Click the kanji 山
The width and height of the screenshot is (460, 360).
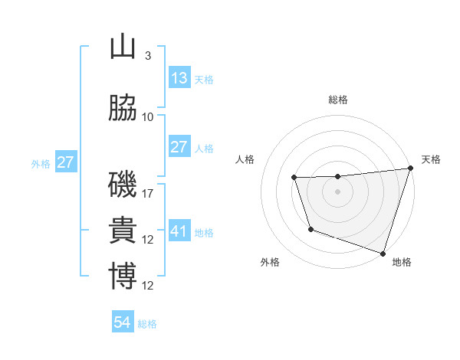pyautogui.click(x=123, y=47)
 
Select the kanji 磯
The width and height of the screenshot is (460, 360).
pyautogui.click(x=123, y=185)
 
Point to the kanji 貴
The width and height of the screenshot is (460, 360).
pyautogui.click(x=123, y=231)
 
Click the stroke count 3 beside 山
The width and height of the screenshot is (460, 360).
pyautogui.click(x=147, y=56)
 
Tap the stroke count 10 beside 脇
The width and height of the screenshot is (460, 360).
pyautogui.click(x=148, y=116)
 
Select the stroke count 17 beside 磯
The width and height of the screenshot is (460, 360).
pyautogui.click(x=148, y=194)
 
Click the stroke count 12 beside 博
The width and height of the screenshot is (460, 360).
pyautogui.click(x=148, y=286)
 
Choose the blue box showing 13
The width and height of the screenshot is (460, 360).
pyautogui.click(x=179, y=77)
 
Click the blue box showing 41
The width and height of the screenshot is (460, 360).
pyautogui.click(x=179, y=231)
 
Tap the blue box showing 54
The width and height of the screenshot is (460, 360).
pyautogui.click(x=122, y=322)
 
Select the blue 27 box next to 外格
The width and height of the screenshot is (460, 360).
pyautogui.click(x=65, y=162)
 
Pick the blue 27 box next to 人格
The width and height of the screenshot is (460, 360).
pyautogui.click(x=179, y=146)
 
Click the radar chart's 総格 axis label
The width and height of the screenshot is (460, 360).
pyautogui.click(x=337, y=100)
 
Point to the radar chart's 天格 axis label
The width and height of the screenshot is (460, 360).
pyautogui.click(x=431, y=159)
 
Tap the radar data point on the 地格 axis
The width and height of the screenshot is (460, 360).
pyautogui.click(x=383, y=253)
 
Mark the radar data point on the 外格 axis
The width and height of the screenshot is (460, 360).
pyautogui.click(x=310, y=229)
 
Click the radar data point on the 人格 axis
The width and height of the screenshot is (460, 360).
pyautogui.click(x=294, y=178)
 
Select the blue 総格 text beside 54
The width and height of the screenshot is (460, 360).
pyautogui.click(x=147, y=324)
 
